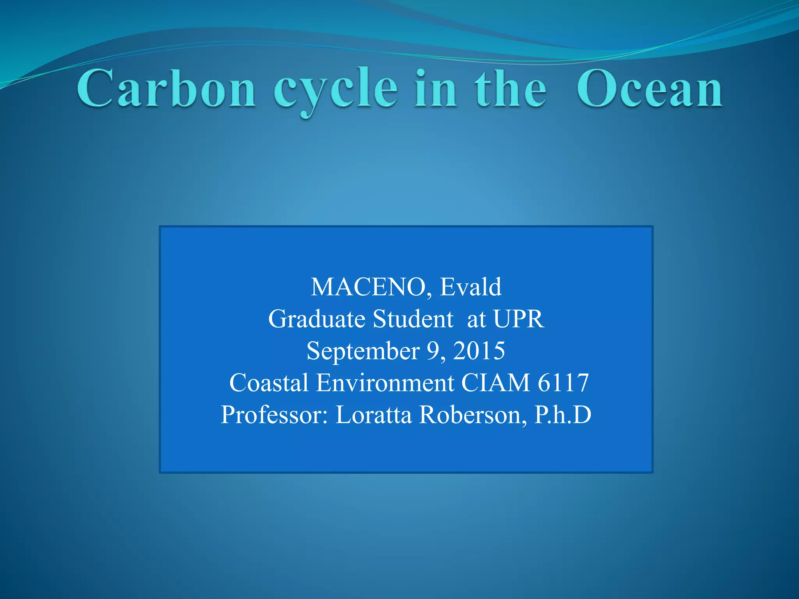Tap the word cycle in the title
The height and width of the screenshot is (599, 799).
(336, 90)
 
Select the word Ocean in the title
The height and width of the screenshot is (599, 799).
(650, 89)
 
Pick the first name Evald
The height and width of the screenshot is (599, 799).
(471, 287)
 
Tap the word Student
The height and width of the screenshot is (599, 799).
(413, 319)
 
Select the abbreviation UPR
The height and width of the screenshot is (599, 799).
(518, 319)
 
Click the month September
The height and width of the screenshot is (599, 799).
(363, 351)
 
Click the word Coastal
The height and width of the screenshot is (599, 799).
(269, 383)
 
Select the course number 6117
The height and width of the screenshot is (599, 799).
(563, 383)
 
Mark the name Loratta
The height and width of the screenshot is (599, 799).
(373, 415)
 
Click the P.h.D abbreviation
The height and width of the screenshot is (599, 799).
(563, 415)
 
